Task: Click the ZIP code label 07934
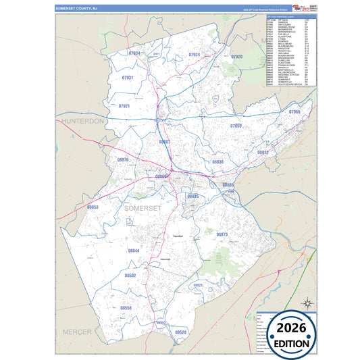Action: (134, 53)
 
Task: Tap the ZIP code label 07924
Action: (195, 54)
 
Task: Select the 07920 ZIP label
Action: (236, 57)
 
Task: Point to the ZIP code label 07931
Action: (127, 78)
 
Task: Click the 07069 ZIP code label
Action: (294, 111)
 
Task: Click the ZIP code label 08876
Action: (123, 160)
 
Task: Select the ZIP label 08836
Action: (217, 162)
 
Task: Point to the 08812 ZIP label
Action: (263, 153)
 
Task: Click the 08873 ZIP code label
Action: (222, 234)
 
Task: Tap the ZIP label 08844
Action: (133, 251)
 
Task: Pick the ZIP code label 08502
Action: (130, 276)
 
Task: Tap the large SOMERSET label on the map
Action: (143, 208)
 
